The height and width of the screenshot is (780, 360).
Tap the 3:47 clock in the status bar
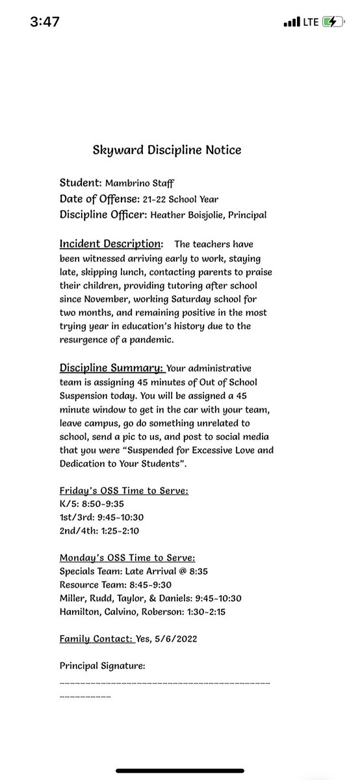[45, 21]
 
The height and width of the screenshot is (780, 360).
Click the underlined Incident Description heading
[111, 244]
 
